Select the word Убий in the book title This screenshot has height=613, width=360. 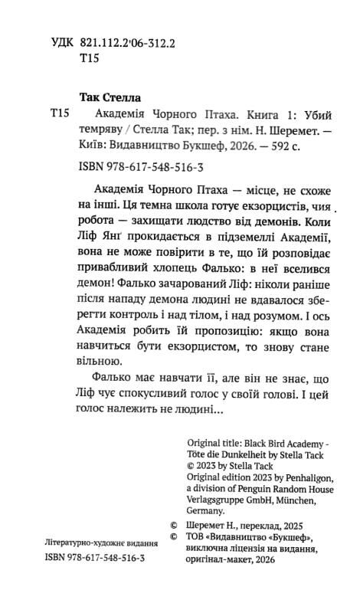coord(292,112)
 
